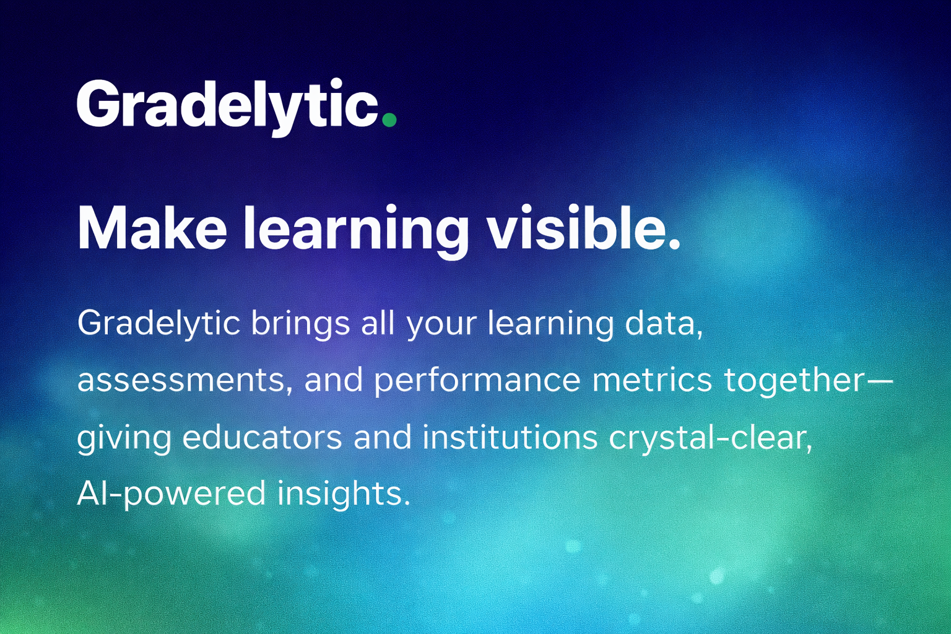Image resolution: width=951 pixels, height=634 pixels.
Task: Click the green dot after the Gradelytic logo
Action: click(389, 119)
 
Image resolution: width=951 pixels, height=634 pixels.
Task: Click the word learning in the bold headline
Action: click(356, 232)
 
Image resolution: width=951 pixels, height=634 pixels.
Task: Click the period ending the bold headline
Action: click(673, 243)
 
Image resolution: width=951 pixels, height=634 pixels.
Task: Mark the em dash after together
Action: click(877, 381)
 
